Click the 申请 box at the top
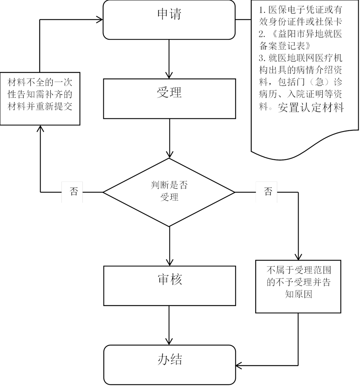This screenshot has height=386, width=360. (x=169, y=19)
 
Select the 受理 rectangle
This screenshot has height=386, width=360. (x=169, y=98)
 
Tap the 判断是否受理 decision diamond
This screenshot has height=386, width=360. (x=169, y=192)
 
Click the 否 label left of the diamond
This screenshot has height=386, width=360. (x=73, y=192)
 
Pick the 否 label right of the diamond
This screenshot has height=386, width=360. (x=267, y=192)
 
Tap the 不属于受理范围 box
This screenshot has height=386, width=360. (x=298, y=286)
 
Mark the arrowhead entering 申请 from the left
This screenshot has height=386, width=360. (x=100, y=20)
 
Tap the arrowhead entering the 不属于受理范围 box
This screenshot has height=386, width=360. (x=298, y=256)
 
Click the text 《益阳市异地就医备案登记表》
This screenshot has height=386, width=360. (x=300, y=40)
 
